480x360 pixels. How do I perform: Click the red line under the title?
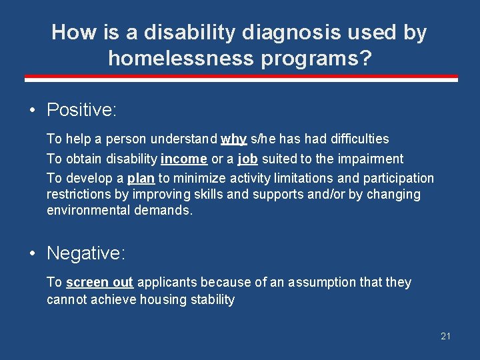tap(241, 79)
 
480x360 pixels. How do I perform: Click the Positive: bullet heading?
tap(81, 110)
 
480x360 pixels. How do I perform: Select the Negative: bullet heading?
tap(86, 253)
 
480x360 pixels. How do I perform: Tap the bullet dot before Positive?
tap(33, 111)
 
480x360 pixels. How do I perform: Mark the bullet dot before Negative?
tap(33, 254)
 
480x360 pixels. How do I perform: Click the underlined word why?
tap(233, 139)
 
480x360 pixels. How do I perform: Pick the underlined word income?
tap(184, 159)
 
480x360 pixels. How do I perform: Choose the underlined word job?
tap(247, 159)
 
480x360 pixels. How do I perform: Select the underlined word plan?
tap(141, 178)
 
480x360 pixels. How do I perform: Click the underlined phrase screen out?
tap(99, 282)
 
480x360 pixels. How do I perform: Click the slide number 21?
tap(445, 336)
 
